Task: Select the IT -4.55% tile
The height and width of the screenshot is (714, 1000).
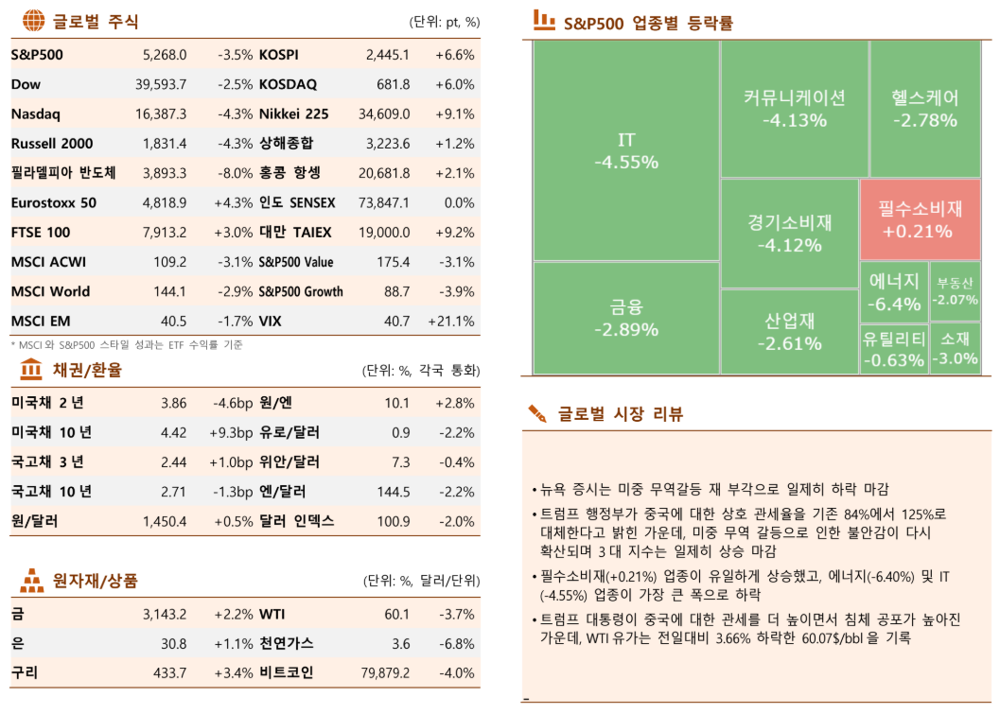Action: click(x=625, y=151)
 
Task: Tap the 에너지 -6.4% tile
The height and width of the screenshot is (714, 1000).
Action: click(x=894, y=291)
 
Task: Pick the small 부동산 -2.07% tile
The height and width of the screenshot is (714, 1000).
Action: click(x=955, y=291)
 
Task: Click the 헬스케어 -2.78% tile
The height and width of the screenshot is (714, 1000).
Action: click(x=924, y=109)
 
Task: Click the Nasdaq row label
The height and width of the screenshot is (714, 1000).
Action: click(x=35, y=114)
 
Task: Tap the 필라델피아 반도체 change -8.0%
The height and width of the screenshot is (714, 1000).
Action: click(x=234, y=173)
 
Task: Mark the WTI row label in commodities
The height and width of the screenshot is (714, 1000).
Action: click(x=273, y=615)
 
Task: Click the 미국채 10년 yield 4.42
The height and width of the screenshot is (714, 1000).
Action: click(x=173, y=433)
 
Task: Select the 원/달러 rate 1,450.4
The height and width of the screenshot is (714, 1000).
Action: click(x=165, y=521)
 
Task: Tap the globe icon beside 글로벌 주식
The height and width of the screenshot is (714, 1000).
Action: click(x=32, y=19)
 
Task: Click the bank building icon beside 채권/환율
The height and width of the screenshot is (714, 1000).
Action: click(x=30, y=368)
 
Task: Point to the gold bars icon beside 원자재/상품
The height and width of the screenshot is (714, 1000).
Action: click(x=32, y=579)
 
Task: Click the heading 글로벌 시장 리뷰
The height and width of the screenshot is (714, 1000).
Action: click(x=620, y=414)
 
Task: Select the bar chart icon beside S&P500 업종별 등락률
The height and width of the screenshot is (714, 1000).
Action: click(x=544, y=19)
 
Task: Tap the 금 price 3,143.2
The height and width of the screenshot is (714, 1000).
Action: click(x=165, y=615)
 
